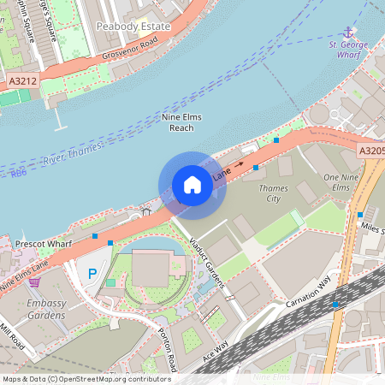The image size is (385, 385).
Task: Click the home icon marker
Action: [x=192, y=185]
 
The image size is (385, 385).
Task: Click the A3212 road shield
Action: [x=23, y=80]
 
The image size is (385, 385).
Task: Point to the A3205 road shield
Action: [x=371, y=151]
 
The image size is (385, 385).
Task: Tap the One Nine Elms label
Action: [x=339, y=182]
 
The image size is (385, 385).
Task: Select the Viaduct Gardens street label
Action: [x=205, y=260]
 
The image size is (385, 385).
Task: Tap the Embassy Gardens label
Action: [x=46, y=309]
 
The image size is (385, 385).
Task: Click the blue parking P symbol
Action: [x=92, y=274]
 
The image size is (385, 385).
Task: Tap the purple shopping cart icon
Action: [x=34, y=281]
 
